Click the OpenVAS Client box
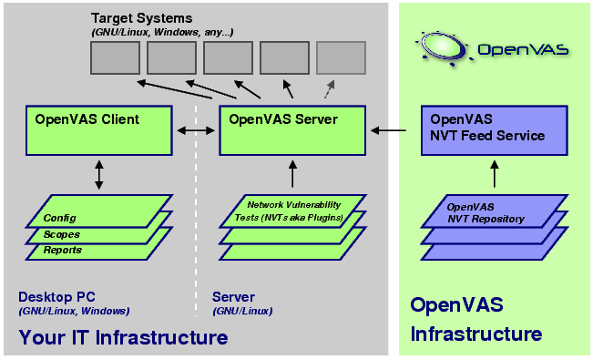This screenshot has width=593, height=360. [x=99, y=130]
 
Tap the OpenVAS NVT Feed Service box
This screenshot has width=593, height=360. [x=493, y=130]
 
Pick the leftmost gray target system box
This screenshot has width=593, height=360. [x=115, y=58]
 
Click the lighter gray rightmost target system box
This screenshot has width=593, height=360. [x=341, y=58]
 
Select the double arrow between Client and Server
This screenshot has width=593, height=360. [x=196, y=131]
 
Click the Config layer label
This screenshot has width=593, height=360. [x=59, y=218]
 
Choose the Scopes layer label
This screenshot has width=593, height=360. [x=62, y=234]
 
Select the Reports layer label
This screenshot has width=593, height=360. [x=63, y=250]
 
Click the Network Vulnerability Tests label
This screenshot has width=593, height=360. [x=294, y=211]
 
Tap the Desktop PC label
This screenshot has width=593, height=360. [x=56, y=297]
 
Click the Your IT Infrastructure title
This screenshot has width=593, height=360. [x=122, y=338]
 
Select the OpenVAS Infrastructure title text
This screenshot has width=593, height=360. [x=476, y=319]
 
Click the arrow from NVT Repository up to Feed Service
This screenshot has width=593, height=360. [x=493, y=176]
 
